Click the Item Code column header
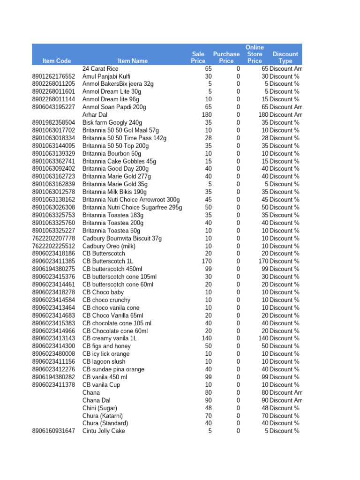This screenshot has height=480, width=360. tap(57, 61)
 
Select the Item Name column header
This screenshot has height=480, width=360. tap(133, 61)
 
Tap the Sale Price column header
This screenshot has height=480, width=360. tap(198, 58)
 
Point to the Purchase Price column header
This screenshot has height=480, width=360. tap(226, 58)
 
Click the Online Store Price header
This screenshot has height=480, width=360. tap(255, 54)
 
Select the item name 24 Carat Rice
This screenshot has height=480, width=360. tap(100, 68)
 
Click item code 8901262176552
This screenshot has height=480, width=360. tap(53, 76)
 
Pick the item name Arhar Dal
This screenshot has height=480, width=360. tap(95, 115)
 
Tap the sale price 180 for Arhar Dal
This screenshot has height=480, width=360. tap(206, 115)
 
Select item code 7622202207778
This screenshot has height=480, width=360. tap(53, 238)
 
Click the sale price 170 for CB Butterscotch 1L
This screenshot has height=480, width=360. tap(206, 261)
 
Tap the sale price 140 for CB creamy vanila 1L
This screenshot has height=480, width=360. tap(206, 338)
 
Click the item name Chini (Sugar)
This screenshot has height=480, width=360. tap(100, 408)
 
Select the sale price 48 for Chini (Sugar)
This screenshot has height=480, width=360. tap(208, 408)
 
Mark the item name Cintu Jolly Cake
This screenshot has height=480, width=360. tap(104, 431)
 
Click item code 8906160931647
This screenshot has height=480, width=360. tap(53, 431)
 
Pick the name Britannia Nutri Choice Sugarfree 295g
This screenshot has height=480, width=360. tap(132, 207)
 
